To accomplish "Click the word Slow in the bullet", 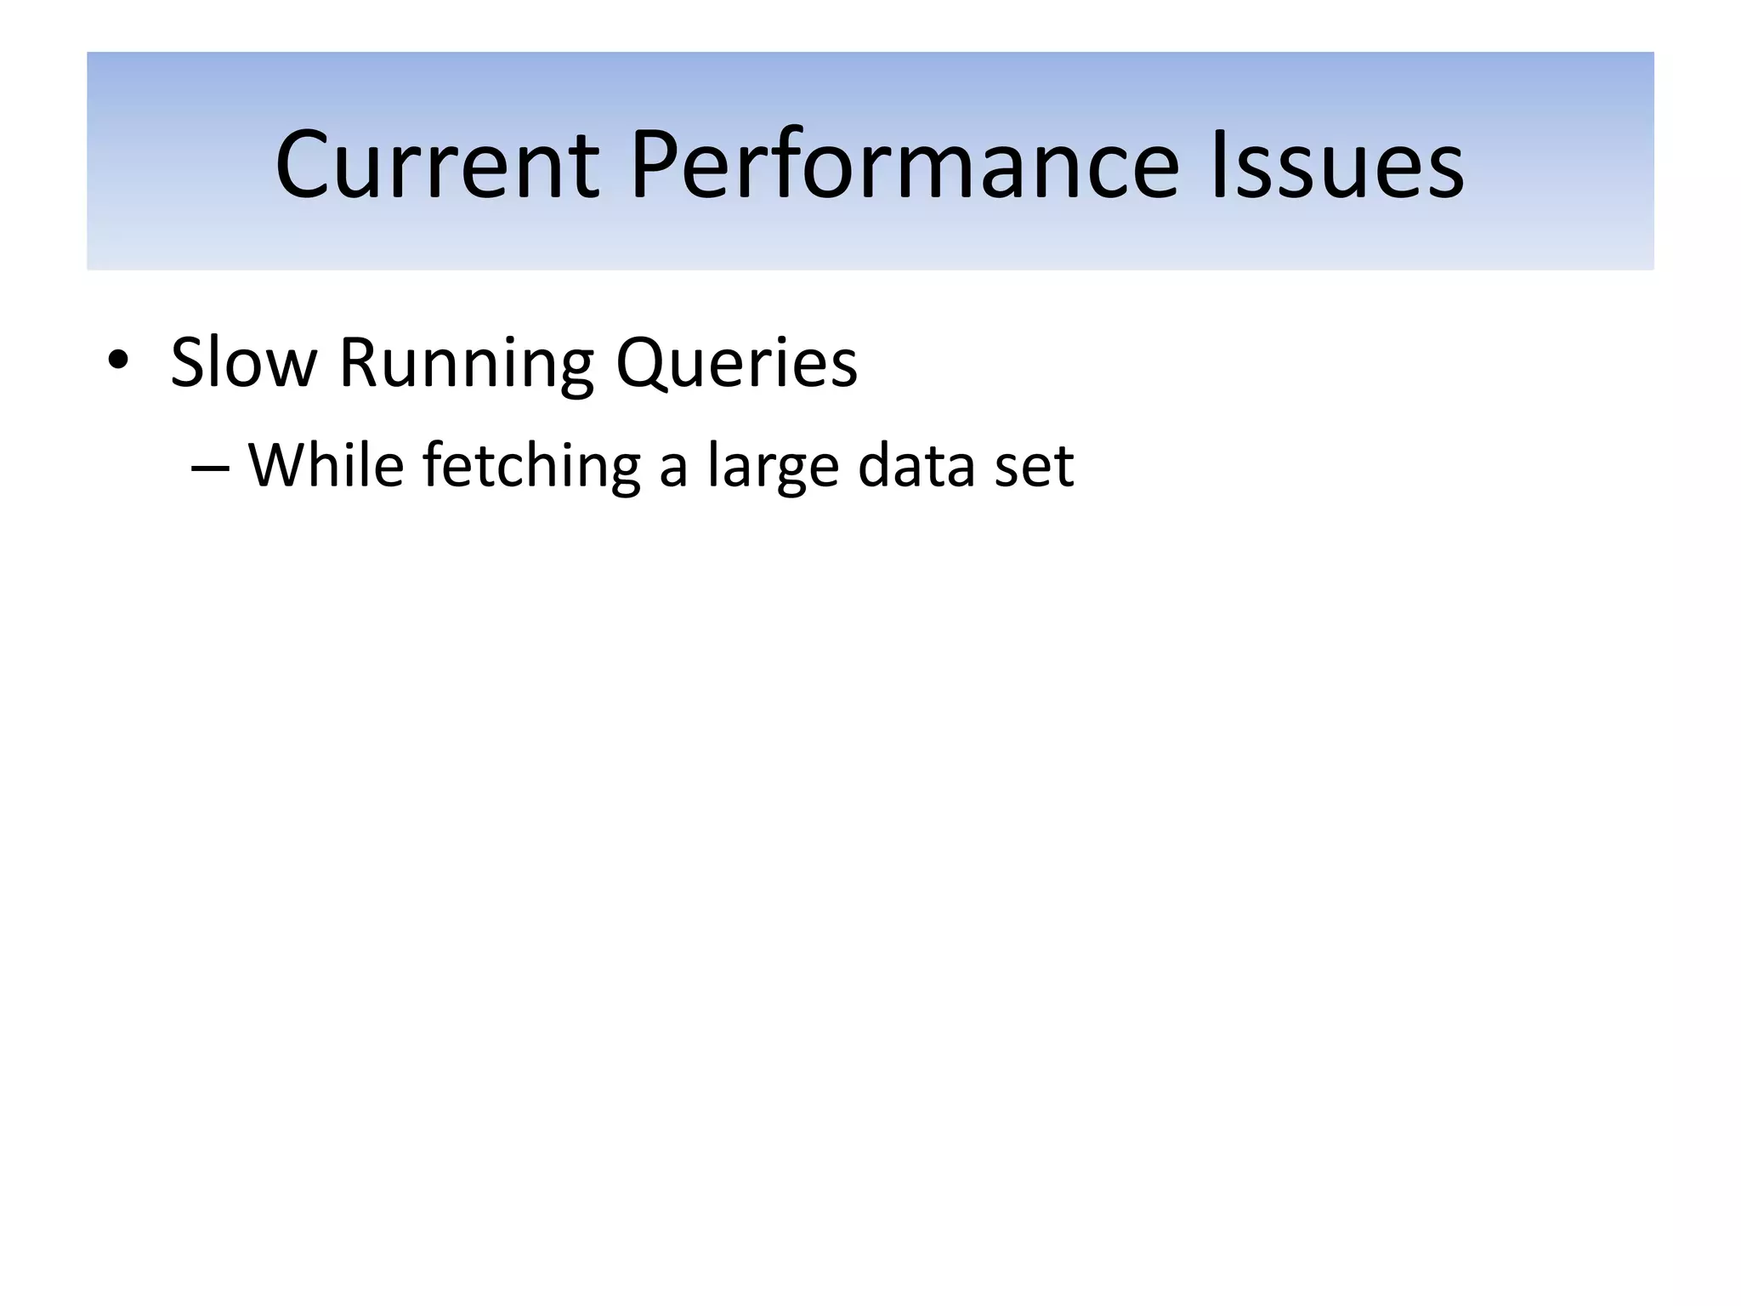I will click(243, 363).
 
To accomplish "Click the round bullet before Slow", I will click(118, 362).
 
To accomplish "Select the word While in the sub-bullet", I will click(326, 466).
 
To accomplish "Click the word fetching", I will click(531, 468).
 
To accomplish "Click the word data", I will click(916, 466).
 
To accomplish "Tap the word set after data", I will click(1034, 468).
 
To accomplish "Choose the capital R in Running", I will click(359, 363).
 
